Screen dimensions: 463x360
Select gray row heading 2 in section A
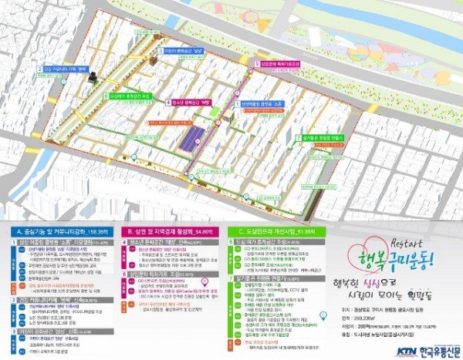[57, 299]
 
